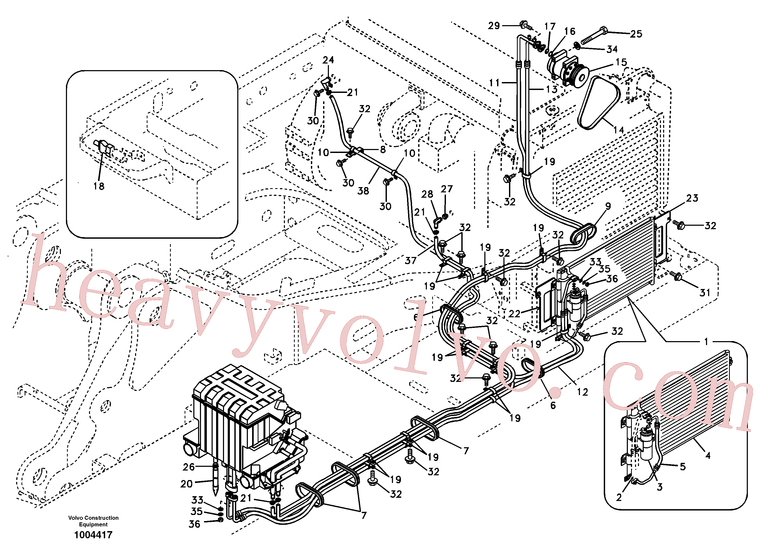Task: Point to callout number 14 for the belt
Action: click(619, 130)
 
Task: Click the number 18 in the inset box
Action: click(99, 186)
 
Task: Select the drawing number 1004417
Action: click(93, 535)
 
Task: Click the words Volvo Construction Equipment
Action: click(93, 521)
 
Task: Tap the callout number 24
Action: click(328, 60)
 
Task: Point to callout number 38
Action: click(363, 191)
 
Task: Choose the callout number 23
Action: click(692, 198)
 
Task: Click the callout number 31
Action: click(705, 292)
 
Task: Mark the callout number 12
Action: click(582, 392)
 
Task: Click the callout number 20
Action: click(187, 484)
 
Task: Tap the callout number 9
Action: click(608, 206)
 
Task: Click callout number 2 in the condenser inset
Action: click(619, 497)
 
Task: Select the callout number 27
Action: click(446, 189)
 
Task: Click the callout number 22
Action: click(514, 314)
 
